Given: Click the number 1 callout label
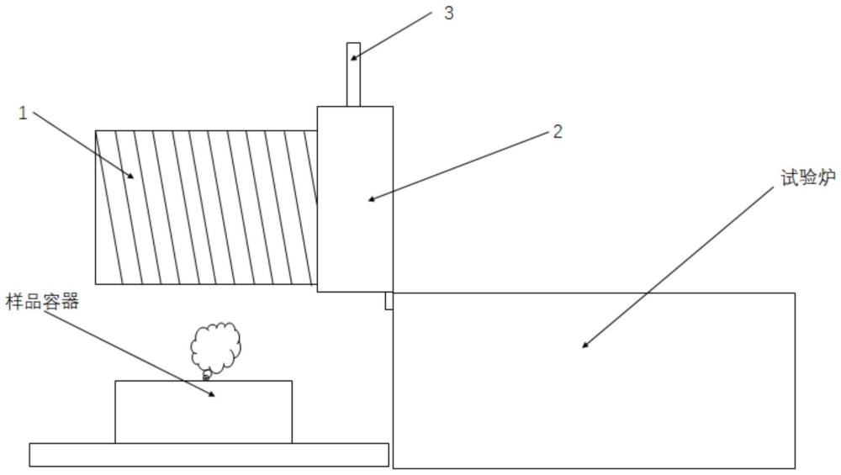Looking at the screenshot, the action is (x=23, y=113).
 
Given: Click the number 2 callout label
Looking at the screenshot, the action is (x=558, y=131).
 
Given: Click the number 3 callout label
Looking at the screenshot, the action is (x=449, y=13).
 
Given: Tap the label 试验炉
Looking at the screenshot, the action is (x=807, y=177).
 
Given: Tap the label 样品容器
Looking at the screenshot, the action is (x=42, y=301).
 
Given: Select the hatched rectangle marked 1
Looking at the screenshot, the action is (x=207, y=207).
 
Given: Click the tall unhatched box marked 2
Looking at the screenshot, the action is (x=355, y=199).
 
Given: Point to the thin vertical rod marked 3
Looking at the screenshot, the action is (x=353, y=75).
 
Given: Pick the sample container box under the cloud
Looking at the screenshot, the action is (x=204, y=412).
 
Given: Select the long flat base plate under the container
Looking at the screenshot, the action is (x=209, y=455).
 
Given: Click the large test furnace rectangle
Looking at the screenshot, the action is (x=594, y=380).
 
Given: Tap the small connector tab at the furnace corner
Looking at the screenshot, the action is (x=389, y=301).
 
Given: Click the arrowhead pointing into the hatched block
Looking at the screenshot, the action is (x=130, y=175).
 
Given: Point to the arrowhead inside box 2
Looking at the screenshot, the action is (x=372, y=198).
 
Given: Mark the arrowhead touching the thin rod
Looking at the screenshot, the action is (x=355, y=55).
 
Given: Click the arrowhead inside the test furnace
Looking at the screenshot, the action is (x=585, y=344).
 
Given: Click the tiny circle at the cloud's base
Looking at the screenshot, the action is (x=205, y=377).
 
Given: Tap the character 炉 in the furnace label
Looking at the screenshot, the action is (x=827, y=177).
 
